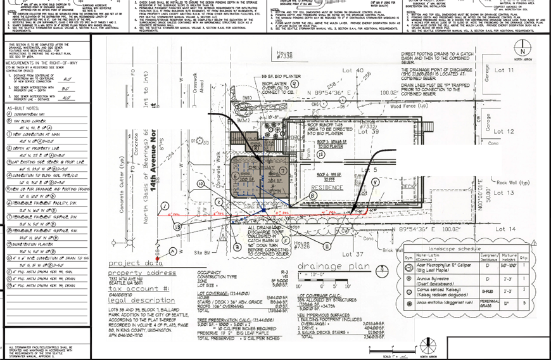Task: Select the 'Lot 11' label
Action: click(x=505, y=70)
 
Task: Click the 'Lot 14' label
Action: click(x=505, y=228)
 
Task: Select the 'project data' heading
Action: click(x=131, y=263)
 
